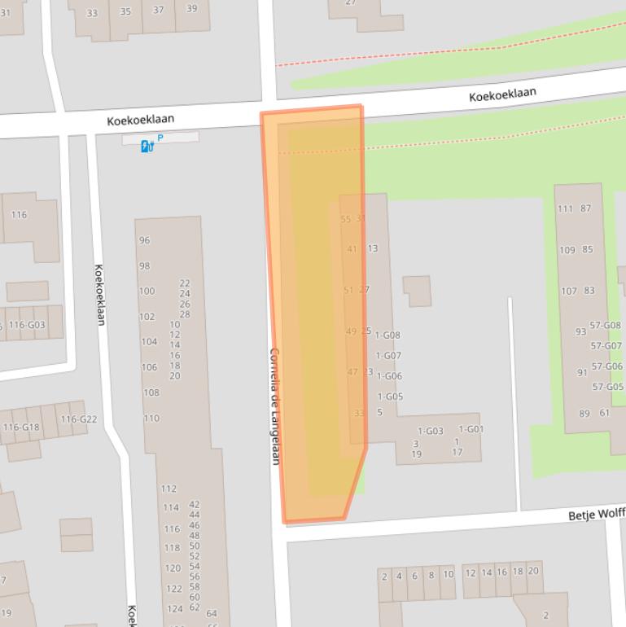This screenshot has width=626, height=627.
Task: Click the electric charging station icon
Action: (147, 147)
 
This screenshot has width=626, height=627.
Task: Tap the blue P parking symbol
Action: (160, 138)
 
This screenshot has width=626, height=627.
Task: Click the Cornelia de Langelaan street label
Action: (274, 406)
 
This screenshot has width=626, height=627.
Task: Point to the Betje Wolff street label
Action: (596, 515)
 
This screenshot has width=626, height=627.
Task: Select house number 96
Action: (145, 240)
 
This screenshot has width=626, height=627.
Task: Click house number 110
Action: (151, 419)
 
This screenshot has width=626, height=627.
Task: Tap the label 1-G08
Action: (388, 335)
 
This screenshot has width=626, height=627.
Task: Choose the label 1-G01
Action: (471, 429)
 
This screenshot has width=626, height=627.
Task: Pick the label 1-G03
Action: (430, 431)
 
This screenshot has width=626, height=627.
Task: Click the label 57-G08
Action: (606, 326)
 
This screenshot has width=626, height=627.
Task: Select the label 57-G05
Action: (608, 387)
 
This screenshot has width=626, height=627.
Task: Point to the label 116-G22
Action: (78, 419)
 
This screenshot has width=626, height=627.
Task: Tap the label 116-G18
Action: (21, 427)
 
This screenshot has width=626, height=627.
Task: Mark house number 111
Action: (566, 208)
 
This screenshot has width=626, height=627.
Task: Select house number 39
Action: (191, 10)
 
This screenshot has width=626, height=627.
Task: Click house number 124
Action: (174, 609)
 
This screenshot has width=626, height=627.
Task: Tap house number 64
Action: (212, 614)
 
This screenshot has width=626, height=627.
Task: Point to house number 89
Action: (584, 414)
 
